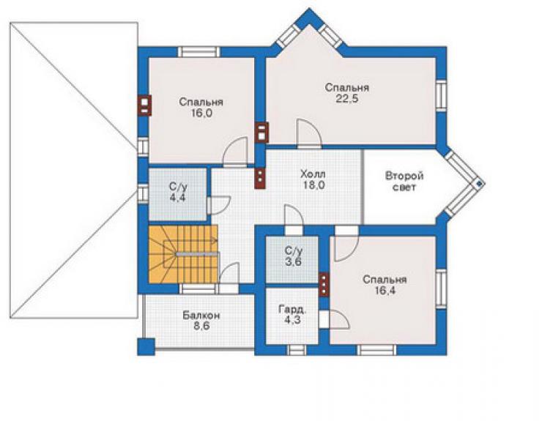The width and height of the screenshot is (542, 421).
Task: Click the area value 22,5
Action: click(x=346, y=99)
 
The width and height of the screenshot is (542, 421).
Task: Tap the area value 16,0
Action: click(x=201, y=113)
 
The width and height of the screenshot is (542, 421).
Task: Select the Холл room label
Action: click(x=313, y=174)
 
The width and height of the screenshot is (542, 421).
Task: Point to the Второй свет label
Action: click(x=404, y=182)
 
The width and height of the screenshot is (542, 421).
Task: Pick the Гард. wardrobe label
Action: click(x=292, y=309)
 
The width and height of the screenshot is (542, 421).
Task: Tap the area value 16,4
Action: click(x=385, y=291)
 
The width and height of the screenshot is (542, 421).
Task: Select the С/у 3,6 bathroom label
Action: click(x=294, y=256)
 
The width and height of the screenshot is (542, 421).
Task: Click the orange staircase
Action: click(x=183, y=254)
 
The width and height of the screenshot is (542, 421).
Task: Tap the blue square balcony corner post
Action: click(x=146, y=347)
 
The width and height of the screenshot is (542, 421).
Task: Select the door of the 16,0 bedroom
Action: click(x=236, y=153)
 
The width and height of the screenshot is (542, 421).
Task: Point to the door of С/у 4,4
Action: click(x=219, y=205)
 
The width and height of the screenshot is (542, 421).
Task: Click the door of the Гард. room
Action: click(x=335, y=318)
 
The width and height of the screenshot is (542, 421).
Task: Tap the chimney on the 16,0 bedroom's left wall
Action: click(x=145, y=105)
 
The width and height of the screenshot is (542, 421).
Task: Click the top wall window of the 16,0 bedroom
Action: click(x=199, y=52)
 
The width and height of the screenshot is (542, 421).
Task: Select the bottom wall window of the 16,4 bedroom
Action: click(x=376, y=350)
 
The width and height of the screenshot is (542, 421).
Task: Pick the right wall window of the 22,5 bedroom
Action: click(x=441, y=96)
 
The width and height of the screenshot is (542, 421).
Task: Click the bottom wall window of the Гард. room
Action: click(x=297, y=350)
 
